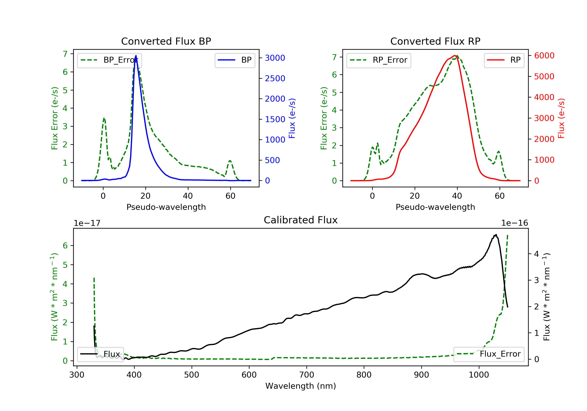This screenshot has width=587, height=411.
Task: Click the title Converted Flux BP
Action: tap(166, 41)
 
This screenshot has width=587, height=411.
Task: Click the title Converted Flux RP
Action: tap(435, 41)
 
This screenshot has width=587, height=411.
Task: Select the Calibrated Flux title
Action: tap(301, 220)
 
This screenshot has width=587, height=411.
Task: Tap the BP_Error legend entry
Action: tap(109, 60)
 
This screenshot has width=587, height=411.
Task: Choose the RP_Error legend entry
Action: tap(379, 60)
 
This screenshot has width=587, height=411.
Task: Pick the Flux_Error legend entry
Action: tap(489, 354)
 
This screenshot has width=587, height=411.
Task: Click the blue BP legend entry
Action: tap(235, 60)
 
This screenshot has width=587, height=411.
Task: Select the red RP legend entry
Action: tap(504, 60)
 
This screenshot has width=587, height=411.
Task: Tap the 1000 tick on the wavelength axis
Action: tap(479, 375)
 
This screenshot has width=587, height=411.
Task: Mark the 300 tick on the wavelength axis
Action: tap(77, 375)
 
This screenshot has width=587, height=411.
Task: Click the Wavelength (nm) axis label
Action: tap(301, 386)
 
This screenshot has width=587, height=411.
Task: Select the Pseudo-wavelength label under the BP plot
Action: tap(166, 207)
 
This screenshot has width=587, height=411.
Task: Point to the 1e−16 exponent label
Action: tap(514, 223)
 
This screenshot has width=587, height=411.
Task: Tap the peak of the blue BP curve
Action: tap(136, 56)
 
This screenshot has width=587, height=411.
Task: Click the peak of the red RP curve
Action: tap(455, 56)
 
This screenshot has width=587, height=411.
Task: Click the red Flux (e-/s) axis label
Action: tap(561, 118)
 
